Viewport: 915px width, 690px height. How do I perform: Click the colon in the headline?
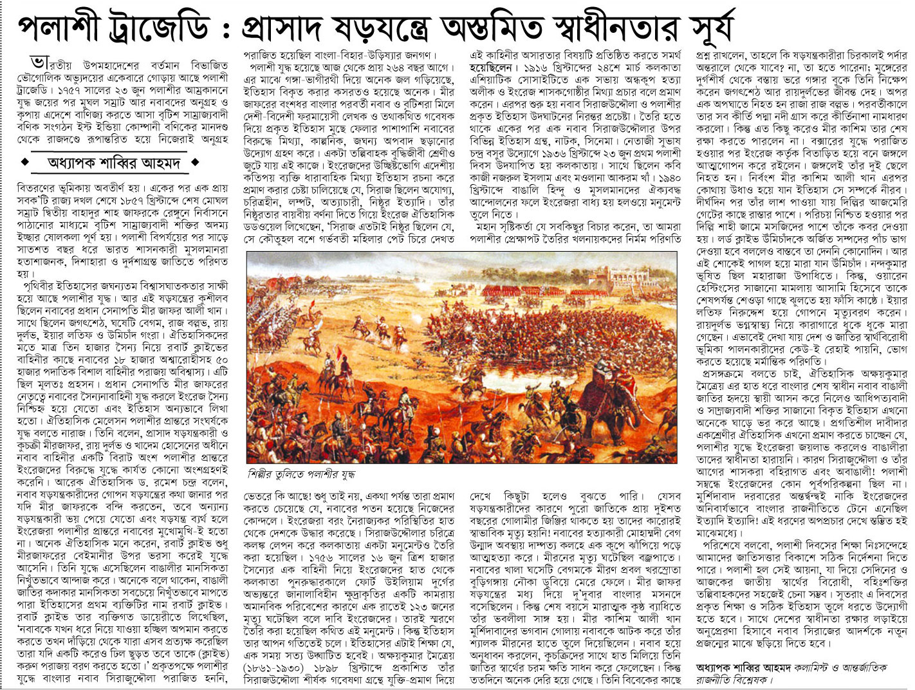[226, 29]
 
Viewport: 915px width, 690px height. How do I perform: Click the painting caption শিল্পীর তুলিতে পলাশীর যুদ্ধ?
[300, 474]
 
